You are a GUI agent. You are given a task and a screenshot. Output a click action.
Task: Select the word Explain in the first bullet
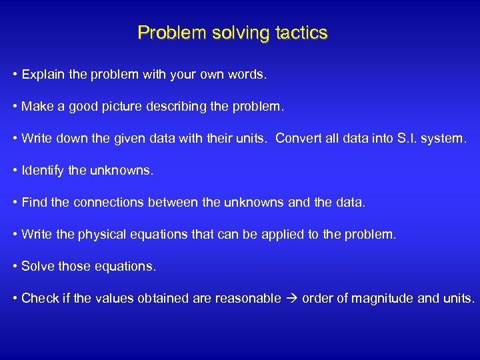(x=44, y=75)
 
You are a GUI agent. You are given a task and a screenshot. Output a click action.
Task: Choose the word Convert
(x=297, y=139)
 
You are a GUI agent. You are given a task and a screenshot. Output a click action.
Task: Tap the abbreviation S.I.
(x=407, y=139)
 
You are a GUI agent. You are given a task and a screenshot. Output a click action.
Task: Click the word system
(x=446, y=139)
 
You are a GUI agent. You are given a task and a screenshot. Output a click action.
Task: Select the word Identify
(x=43, y=171)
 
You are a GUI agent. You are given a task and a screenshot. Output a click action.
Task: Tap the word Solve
(x=36, y=267)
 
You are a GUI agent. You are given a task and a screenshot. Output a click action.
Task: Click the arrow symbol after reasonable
(x=291, y=299)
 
